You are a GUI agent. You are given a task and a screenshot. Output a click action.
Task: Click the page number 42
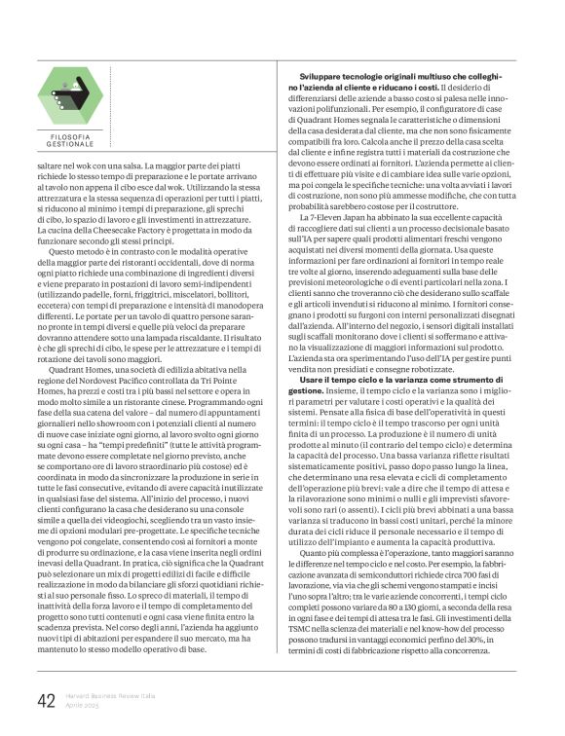click(x=45, y=701)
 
